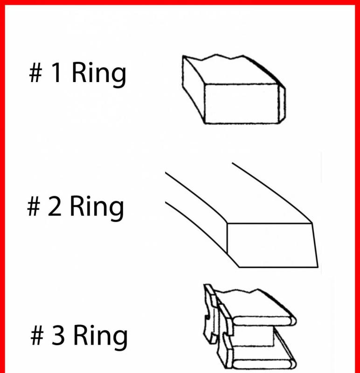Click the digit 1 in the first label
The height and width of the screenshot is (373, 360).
point(56,72)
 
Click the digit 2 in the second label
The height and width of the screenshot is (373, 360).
point(54,206)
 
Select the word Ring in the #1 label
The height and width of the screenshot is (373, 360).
point(98,74)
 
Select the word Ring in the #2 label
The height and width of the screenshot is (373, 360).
point(97,208)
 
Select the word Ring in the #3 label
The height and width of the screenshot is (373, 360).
point(100,337)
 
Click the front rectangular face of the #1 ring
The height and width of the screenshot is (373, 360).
point(241,104)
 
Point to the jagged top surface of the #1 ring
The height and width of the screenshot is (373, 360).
point(231,69)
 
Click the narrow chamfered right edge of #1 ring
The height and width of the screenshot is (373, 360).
point(282,104)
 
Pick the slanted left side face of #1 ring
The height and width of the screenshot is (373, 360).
point(193,88)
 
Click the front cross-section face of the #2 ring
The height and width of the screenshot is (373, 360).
point(272,245)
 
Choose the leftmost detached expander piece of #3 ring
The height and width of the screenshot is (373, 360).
point(210,314)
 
